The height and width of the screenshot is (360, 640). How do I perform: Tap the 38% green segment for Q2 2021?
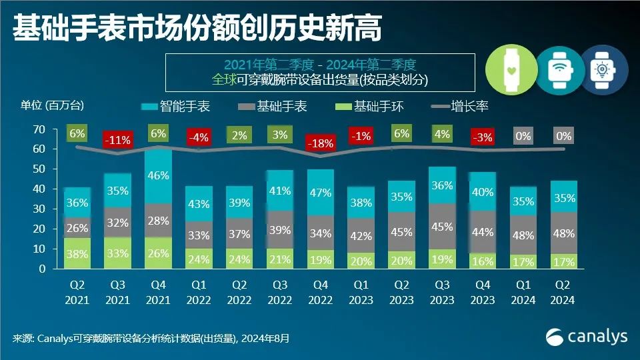coord(77,253)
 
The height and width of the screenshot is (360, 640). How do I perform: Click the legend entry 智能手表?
coord(174,107)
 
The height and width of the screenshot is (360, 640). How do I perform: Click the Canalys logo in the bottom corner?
coord(587,337)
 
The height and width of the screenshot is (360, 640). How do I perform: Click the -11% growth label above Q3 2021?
coord(117,141)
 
